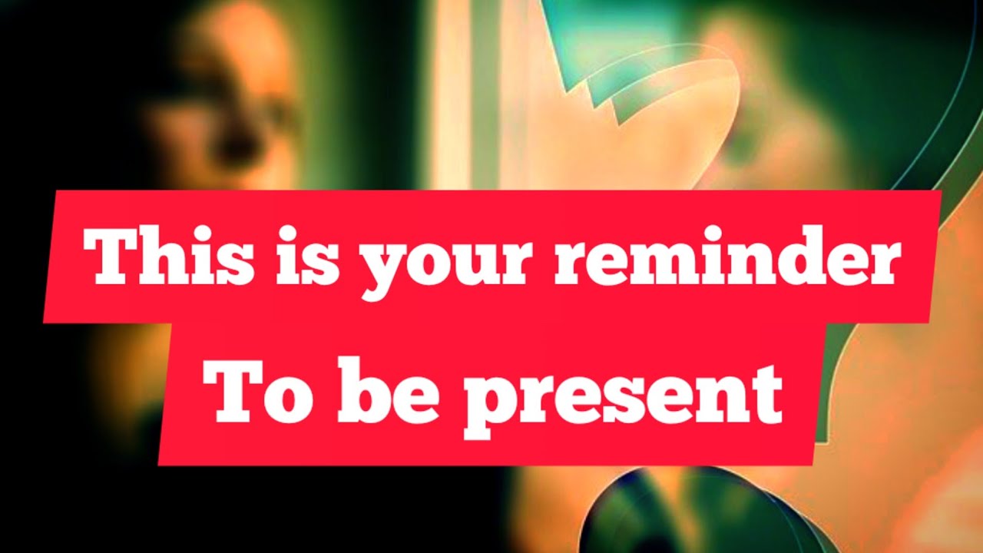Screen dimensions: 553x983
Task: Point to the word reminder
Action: (x=726, y=256)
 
